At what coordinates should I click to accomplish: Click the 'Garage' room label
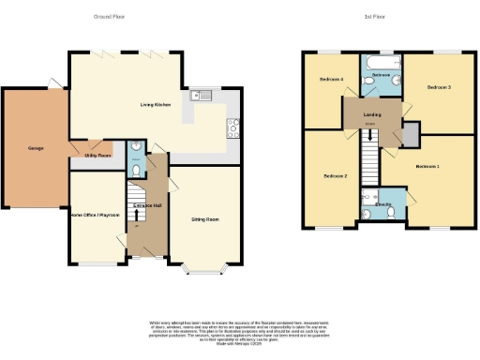22,148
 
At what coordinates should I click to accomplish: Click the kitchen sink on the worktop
202,95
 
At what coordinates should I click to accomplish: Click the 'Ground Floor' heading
111,17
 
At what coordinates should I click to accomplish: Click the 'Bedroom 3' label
439,87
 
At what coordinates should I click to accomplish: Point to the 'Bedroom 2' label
336,175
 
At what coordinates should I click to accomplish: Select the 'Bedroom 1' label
427,166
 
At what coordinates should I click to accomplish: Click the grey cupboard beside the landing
409,134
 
